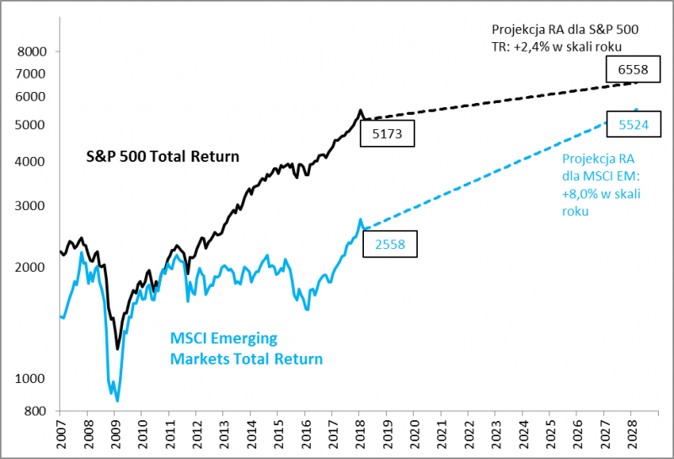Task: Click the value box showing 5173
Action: tap(387, 132)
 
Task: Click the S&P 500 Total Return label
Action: tap(163, 156)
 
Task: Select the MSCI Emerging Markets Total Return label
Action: tap(246, 348)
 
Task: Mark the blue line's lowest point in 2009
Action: tap(117, 401)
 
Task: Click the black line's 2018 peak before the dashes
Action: tap(361, 111)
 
